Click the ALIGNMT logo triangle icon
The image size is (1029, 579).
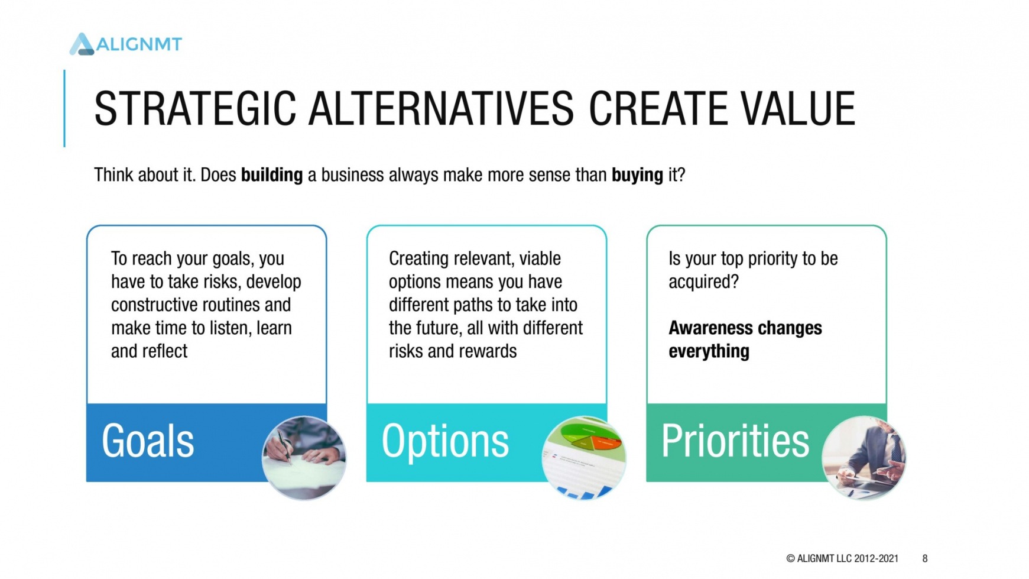tap(82, 44)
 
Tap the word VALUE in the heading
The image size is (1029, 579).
tap(797, 109)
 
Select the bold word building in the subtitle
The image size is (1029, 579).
tap(272, 175)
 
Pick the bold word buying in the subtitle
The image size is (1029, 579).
tap(637, 175)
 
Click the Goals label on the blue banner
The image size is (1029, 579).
tap(148, 441)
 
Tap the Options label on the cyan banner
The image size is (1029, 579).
tap(445, 441)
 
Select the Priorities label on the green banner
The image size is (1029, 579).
tap(735, 441)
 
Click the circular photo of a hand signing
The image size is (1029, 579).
tap(304, 458)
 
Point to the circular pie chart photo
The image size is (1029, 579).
tap(584, 458)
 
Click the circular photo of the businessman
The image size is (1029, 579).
tap(864, 458)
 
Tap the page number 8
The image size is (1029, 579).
tap(925, 558)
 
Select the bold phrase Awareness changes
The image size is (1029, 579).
tap(745, 328)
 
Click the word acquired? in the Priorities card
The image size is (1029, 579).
tap(703, 282)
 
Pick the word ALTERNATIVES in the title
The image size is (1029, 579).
tap(441, 109)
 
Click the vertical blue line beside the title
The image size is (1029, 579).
tap(64, 108)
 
